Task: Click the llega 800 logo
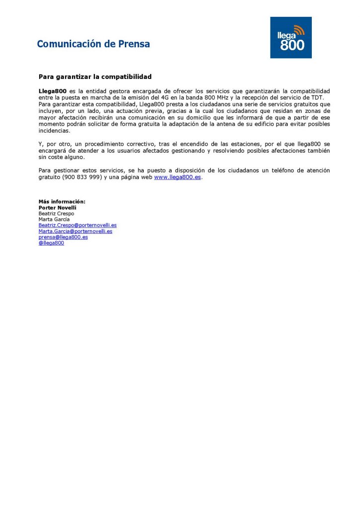pyautogui.click(x=291, y=38)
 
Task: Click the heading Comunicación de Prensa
pyautogui.click(x=93, y=44)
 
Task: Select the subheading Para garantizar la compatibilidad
pyautogui.click(x=95, y=77)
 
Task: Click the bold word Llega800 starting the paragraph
pyautogui.click(x=53, y=91)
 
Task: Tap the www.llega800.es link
pyautogui.click(x=178, y=177)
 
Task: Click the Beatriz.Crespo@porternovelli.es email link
pyautogui.click(x=78, y=225)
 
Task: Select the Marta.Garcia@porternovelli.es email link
pyautogui.click(x=75, y=231)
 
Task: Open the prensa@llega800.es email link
pyautogui.click(x=63, y=237)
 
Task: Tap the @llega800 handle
pyautogui.click(x=51, y=243)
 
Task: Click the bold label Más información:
pyautogui.click(x=62, y=201)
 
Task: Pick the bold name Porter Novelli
pyautogui.click(x=58, y=207)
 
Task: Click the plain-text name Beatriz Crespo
pyautogui.click(x=56, y=213)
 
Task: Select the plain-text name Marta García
pyautogui.click(x=54, y=219)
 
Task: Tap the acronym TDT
pyautogui.click(x=316, y=98)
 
